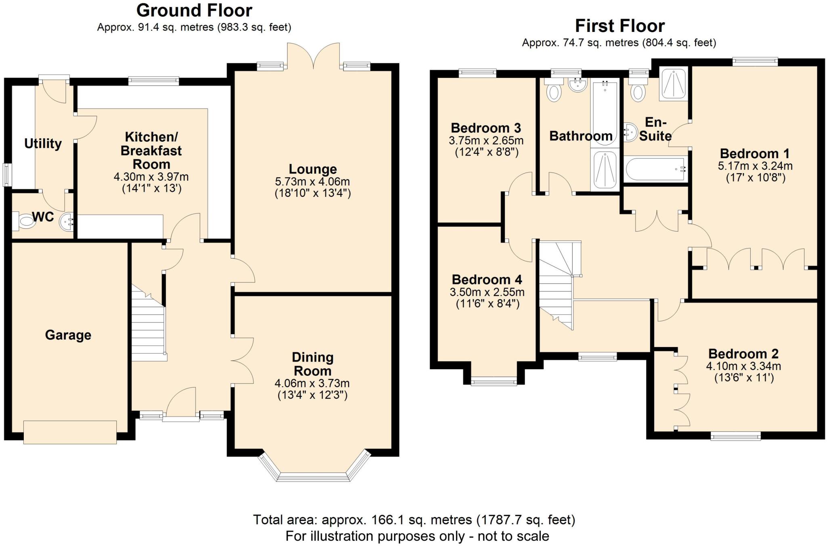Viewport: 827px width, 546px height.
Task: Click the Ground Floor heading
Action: pyautogui.click(x=194, y=10)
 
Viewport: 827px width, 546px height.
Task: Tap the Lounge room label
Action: pyautogui.click(x=313, y=169)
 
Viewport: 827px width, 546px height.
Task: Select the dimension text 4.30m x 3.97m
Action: pyautogui.click(x=151, y=177)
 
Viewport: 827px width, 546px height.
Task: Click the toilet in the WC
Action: pyautogui.click(x=25, y=221)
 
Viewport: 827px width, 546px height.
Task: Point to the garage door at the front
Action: pyautogui.click(x=70, y=432)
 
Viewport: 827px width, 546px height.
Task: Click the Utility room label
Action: pyautogui.click(x=43, y=144)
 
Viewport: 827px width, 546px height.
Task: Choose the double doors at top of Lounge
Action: pyautogui.click(x=313, y=56)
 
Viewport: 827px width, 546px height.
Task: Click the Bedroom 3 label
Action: pyautogui.click(x=486, y=128)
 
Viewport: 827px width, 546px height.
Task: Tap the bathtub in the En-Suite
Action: pyautogui.click(x=655, y=169)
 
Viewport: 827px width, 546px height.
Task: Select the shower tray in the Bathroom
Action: pyautogui.click(x=605, y=169)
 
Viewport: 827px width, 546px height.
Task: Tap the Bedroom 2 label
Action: pyautogui.click(x=743, y=354)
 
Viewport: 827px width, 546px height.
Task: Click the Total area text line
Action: pyautogui.click(x=414, y=520)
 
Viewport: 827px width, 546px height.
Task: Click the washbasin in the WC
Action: pyautogui.click(x=67, y=222)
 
